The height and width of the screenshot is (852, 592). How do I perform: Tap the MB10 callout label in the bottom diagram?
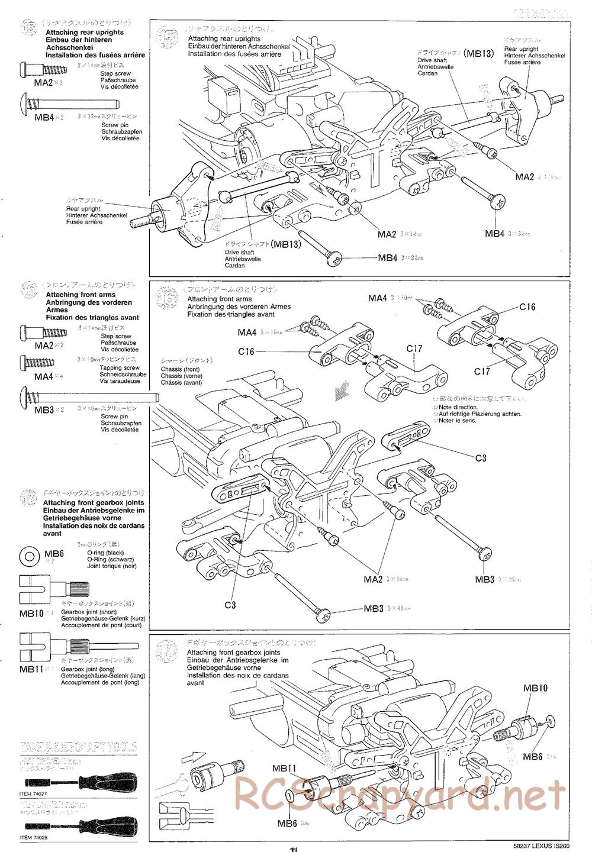pyautogui.click(x=535, y=688)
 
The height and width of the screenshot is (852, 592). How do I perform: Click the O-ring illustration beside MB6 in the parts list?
pyautogui.click(x=30, y=557)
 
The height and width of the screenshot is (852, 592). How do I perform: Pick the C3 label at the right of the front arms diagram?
pyautogui.click(x=480, y=458)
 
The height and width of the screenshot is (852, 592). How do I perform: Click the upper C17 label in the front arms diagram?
pyautogui.click(x=415, y=348)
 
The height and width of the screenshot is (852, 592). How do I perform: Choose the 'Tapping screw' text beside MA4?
pyautogui.click(x=114, y=367)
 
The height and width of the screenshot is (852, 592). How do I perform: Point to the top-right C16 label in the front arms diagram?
pyautogui.click(x=527, y=306)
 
